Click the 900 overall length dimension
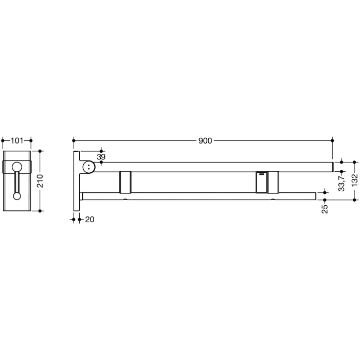(206, 140)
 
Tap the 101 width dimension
(17, 140)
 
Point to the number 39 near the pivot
(101, 156)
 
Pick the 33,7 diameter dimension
(341, 181)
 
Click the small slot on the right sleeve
(262, 174)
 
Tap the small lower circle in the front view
(17, 195)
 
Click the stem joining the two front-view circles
(17, 182)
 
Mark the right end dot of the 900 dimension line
(332, 140)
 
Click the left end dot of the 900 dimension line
(74, 140)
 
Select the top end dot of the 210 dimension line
(40, 152)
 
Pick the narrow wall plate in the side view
(76, 180)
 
